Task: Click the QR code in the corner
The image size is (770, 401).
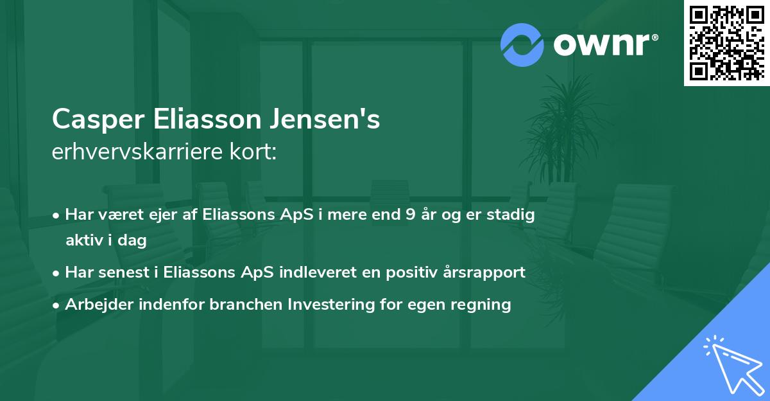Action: (726, 43)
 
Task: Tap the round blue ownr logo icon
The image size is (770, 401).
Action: (522, 44)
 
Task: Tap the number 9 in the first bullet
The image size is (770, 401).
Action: (410, 215)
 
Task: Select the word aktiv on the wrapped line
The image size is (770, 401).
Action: (85, 240)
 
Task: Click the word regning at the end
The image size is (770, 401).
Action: (481, 304)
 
